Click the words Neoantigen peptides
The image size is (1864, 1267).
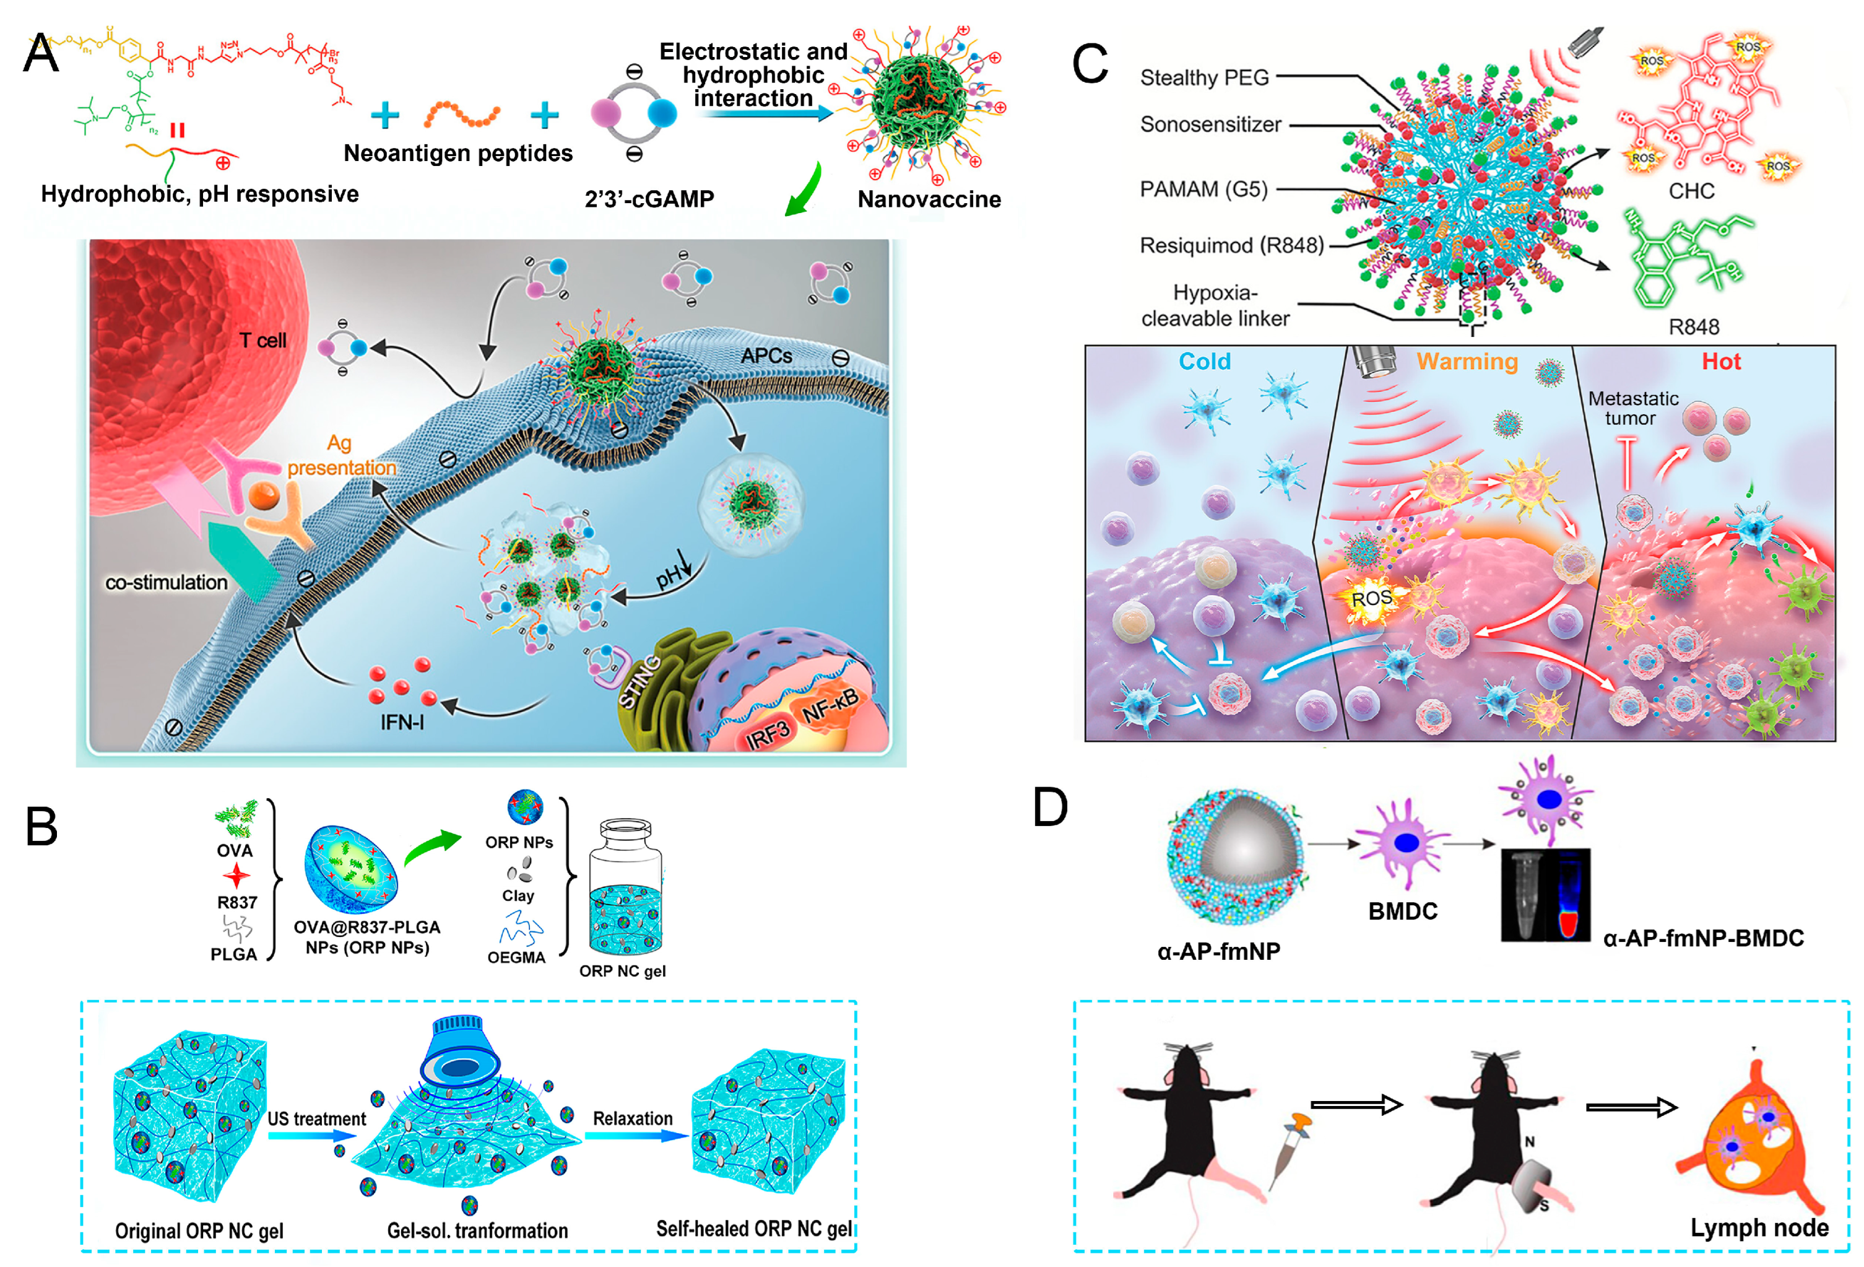458,153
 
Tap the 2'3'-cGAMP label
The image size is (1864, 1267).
649,199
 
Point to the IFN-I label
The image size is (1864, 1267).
402,722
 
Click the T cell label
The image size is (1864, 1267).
262,340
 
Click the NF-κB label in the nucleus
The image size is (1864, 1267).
830,705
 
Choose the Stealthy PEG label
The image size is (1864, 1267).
1204,78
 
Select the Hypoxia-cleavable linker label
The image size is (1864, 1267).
1215,306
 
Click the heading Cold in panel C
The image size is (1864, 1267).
1204,361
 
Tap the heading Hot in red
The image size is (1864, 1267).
1720,361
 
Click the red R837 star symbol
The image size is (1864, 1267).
236,876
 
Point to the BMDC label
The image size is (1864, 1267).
1402,912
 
